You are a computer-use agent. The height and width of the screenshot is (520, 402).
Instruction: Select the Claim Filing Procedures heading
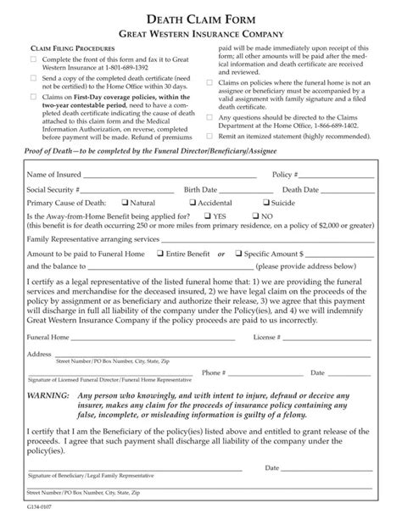70,50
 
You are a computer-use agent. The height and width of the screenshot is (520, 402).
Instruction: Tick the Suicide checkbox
268,203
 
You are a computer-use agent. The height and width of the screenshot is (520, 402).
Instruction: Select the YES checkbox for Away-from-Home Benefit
206,215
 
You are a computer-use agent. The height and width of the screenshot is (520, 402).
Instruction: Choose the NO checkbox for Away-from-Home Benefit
254,215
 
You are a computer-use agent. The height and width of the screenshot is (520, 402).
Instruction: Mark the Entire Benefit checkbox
160,253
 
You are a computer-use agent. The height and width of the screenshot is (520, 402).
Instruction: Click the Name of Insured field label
53,174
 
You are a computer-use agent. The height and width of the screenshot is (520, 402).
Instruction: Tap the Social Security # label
53,190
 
